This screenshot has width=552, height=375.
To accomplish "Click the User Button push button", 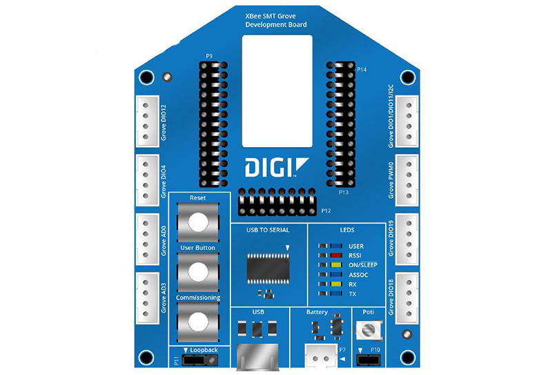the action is tap(198, 271).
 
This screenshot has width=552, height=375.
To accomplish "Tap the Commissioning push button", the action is tap(198, 322).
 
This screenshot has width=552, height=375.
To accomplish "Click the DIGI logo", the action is tap(277, 167).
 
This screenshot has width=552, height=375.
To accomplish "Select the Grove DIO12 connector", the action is tap(147, 121).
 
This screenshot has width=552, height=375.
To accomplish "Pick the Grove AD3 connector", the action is tap(147, 298).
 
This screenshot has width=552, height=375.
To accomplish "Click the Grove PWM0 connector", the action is tap(407, 180).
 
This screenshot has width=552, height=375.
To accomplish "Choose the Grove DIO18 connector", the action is tap(407, 298).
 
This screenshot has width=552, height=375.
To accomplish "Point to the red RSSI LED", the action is tap(336, 256).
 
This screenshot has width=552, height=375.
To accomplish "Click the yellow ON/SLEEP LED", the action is tap(336, 265).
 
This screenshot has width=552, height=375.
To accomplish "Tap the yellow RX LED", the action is tap(336, 284).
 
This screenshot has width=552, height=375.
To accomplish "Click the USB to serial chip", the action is tap(268, 269).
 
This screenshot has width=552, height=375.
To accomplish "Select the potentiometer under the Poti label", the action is tap(368, 330).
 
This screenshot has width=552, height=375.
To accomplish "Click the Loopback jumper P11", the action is tap(200, 360).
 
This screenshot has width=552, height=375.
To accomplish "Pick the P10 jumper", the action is tap(368, 360).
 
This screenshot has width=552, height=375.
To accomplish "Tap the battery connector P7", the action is tap(321, 356).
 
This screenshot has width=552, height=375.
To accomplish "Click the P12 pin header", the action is tap(277, 202).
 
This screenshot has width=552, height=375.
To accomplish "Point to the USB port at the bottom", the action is tap(257, 356).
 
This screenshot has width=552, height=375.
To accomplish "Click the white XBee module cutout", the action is tap(277, 91).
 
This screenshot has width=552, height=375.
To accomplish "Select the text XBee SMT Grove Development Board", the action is tap(276, 21).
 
